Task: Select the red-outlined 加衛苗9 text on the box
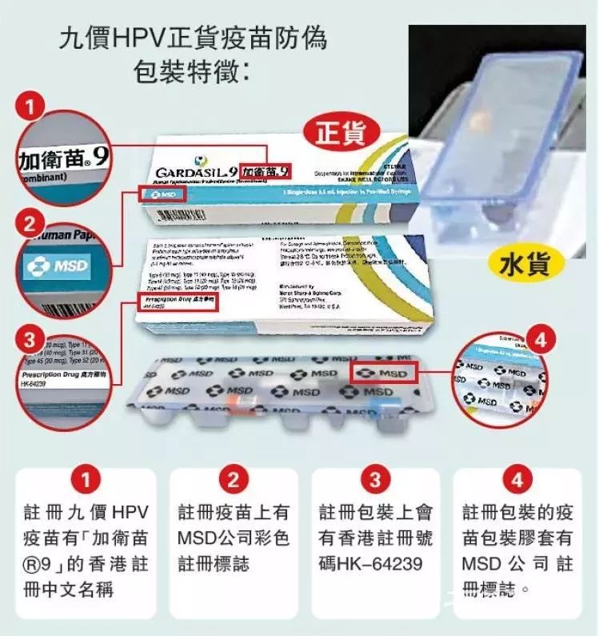266,170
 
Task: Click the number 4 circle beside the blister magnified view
541,342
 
